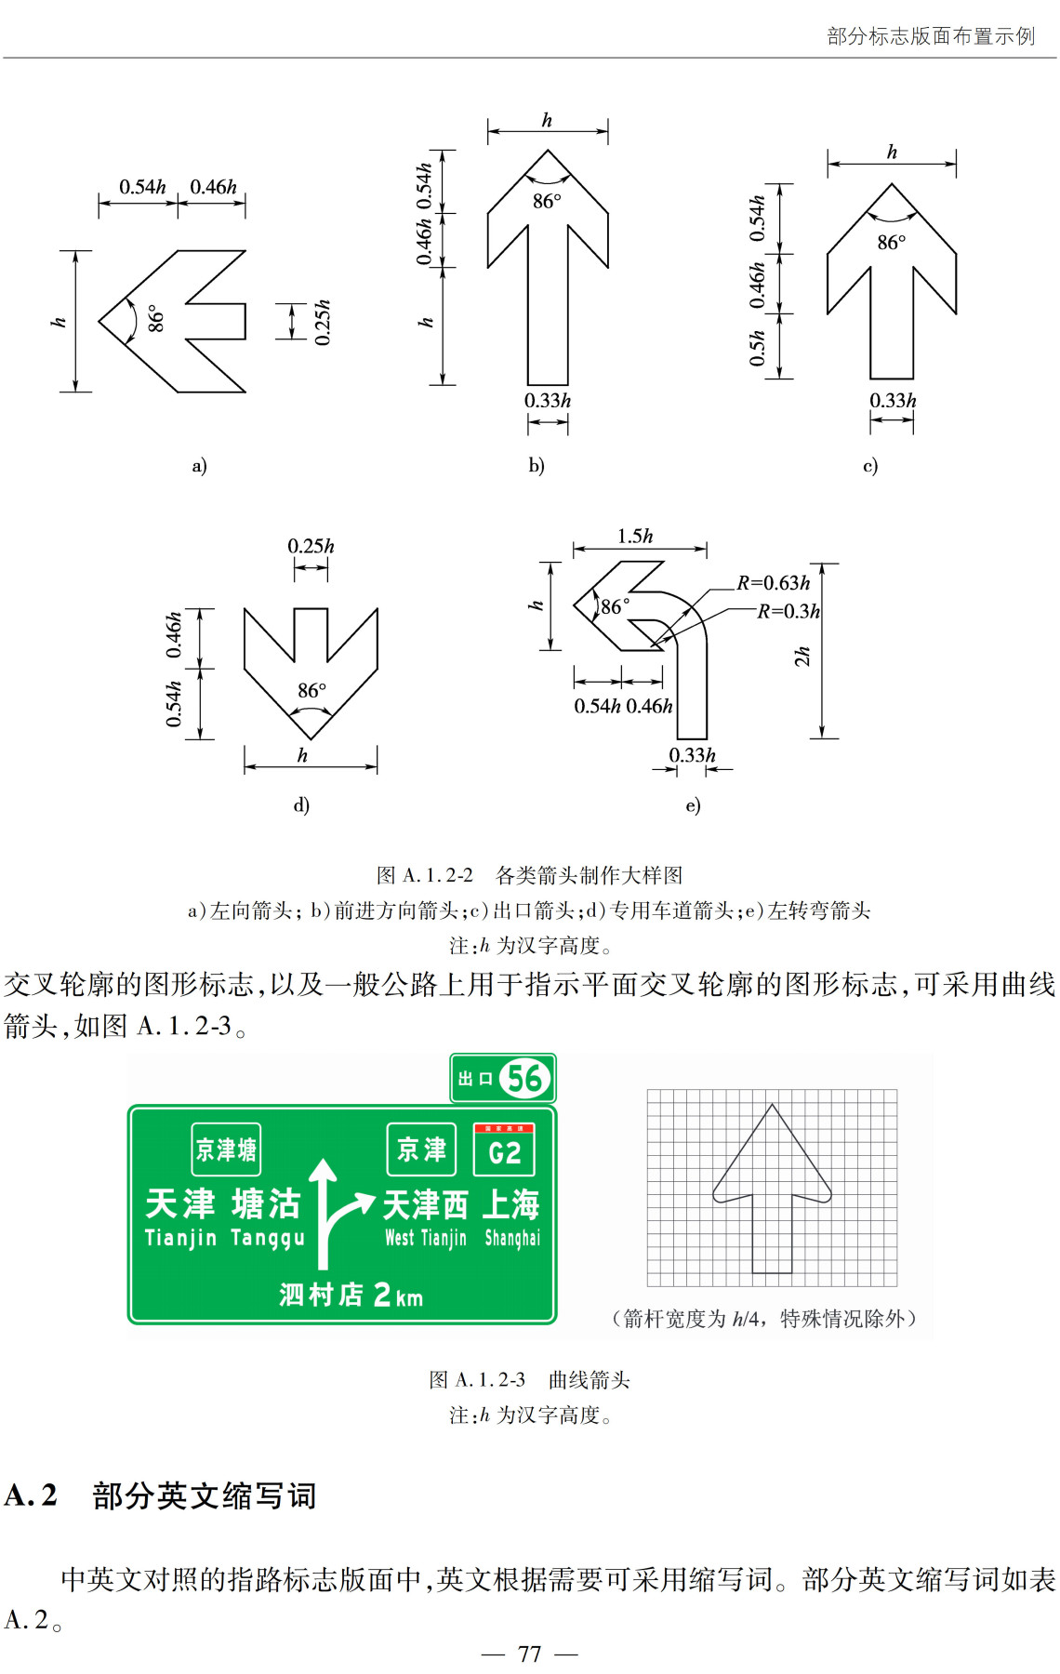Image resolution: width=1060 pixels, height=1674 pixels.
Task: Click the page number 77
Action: tap(530, 1654)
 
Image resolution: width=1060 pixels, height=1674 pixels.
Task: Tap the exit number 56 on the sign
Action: tap(524, 1079)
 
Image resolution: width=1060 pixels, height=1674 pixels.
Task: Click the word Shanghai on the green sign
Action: tap(511, 1238)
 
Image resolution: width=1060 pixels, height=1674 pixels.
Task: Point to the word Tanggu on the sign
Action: tap(267, 1238)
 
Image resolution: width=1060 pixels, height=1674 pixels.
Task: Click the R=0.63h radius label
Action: tap(774, 583)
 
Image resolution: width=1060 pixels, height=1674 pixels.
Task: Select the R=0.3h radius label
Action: tap(788, 611)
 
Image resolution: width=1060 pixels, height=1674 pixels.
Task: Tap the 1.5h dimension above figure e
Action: tap(635, 537)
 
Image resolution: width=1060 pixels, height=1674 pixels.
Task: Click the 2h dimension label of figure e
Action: tap(802, 657)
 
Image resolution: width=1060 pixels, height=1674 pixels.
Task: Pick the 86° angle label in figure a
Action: tap(155, 318)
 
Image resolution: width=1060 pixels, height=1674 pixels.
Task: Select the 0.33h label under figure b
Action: tap(548, 401)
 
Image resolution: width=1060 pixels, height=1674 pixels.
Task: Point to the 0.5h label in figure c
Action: tap(758, 348)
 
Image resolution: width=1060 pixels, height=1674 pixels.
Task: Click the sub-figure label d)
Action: tap(301, 804)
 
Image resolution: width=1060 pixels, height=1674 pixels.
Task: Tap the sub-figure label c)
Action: tap(870, 465)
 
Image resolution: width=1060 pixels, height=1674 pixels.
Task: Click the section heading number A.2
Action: tap(31, 1495)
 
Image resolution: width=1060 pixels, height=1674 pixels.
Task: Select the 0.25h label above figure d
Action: tap(311, 547)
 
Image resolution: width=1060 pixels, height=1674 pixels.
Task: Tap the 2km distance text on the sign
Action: tap(397, 1295)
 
